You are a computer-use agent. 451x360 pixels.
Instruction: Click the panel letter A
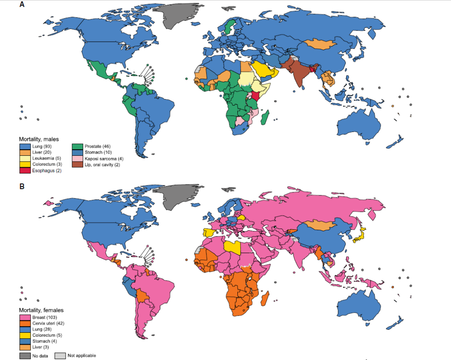22,5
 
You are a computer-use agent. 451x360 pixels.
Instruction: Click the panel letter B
22,186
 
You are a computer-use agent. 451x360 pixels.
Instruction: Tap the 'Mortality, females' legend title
41,311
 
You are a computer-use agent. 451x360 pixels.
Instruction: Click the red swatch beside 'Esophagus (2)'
25,171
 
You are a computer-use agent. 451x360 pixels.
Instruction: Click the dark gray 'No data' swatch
25,355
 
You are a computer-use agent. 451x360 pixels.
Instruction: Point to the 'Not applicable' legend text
81,355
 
